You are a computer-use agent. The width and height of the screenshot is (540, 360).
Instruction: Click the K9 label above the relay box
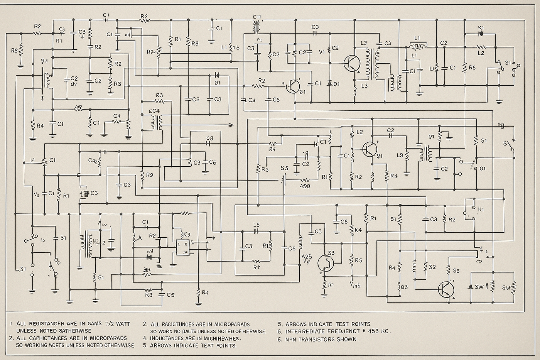click(x=186, y=235)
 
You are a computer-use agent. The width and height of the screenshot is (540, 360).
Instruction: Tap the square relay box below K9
click(x=182, y=247)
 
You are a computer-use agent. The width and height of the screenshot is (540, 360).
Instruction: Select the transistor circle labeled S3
click(x=326, y=263)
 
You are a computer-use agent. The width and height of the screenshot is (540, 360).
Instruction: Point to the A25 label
click(x=307, y=257)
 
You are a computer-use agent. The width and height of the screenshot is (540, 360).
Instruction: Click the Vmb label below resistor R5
click(x=355, y=285)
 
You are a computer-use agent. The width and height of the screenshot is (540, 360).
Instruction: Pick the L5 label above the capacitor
click(x=256, y=225)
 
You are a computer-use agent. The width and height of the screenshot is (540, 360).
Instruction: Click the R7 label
click(x=256, y=267)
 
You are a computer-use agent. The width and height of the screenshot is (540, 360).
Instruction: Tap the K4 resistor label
click(x=358, y=230)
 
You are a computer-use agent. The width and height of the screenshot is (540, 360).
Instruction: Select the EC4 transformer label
click(x=154, y=111)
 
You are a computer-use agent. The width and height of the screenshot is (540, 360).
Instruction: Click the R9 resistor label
click(x=150, y=175)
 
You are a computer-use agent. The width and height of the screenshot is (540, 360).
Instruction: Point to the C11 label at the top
click(x=257, y=17)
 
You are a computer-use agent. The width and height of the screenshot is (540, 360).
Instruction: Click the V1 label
click(x=322, y=52)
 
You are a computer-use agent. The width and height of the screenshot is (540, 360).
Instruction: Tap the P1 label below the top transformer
click(x=259, y=40)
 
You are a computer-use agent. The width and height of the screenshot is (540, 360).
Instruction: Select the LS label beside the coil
click(x=400, y=155)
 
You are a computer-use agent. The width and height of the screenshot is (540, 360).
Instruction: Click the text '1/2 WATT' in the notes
click(x=118, y=324)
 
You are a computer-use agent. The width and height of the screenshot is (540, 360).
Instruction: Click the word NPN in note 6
click(x=291, y=339)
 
